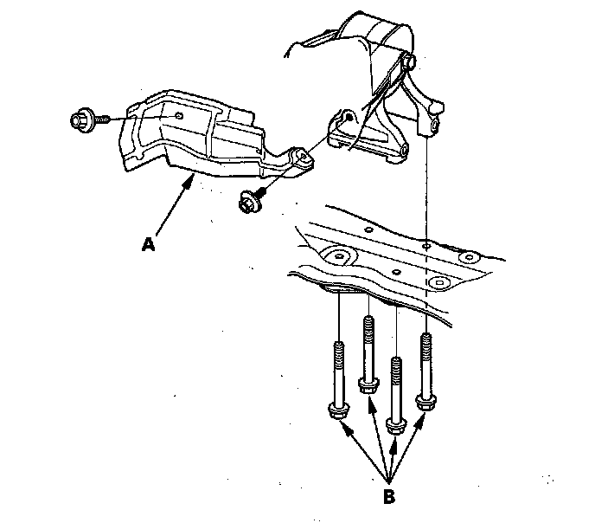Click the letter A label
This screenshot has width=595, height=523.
coord(149,245)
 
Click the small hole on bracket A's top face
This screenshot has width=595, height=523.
coord(177,115)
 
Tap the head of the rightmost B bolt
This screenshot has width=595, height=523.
coord(425,400)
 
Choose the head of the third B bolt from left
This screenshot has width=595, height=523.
coord(396,424)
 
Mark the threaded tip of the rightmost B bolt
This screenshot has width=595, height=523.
coord(425,339)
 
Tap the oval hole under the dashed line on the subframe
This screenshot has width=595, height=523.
coord(440,282)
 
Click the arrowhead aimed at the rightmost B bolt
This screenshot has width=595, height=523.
coord(422,420)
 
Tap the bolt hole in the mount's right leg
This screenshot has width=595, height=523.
coord(431,127)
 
